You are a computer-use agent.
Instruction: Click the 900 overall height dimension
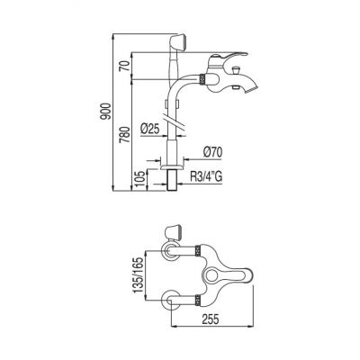(x=106, y=112)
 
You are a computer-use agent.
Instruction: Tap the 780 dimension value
(x=125, y=134)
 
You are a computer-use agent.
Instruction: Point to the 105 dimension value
(x=140, y=180)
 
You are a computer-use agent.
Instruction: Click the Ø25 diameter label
(x=149, y=130)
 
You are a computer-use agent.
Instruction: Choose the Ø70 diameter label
(x=212, y=152)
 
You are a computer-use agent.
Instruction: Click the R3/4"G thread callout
(x=206, y=177)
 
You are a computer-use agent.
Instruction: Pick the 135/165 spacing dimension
(x=139, y=275)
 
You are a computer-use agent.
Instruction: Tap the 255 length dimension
(x=210, y=319)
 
